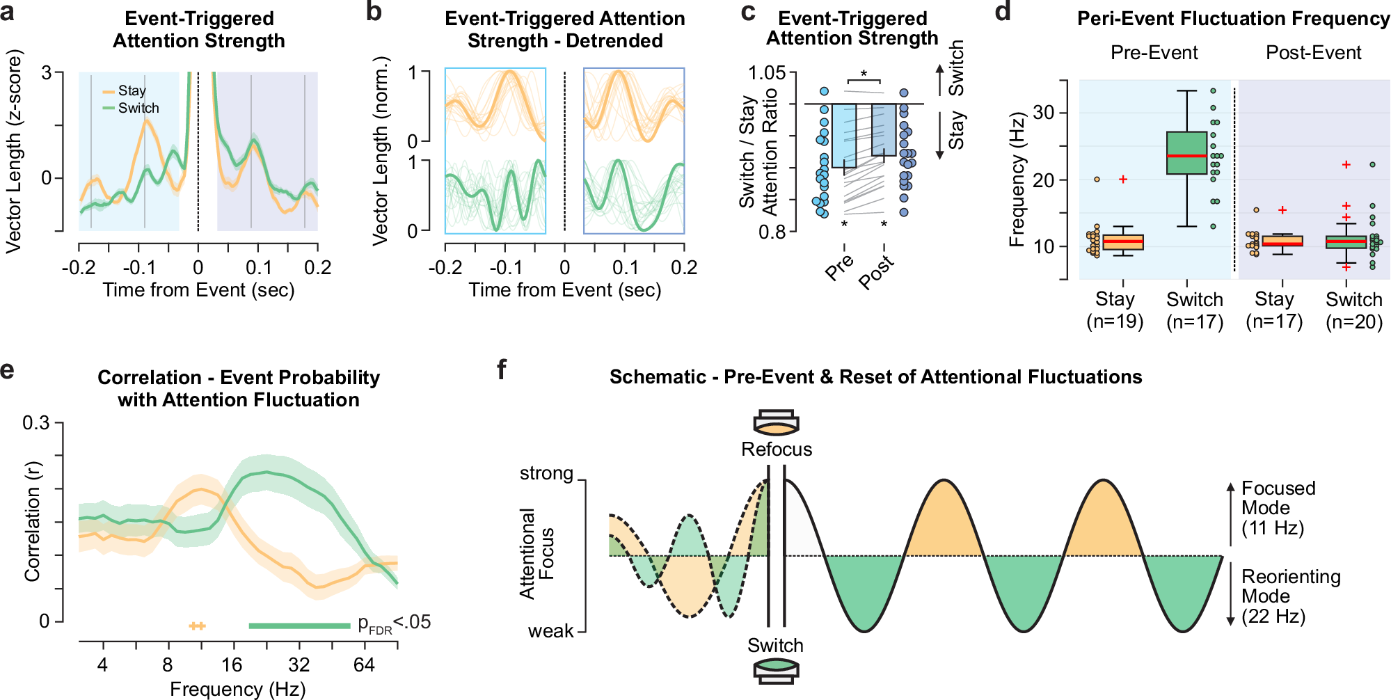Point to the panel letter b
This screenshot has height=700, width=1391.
coord(374,12)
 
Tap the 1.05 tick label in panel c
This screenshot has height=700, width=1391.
coord(766,73)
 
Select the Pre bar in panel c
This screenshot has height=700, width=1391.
coord(844,136)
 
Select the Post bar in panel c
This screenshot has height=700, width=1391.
coord(884,130)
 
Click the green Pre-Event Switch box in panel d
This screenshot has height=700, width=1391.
coord(1186,152)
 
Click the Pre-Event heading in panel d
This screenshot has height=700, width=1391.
coord(1154,53)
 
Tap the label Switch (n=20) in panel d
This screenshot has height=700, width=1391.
coord(1353,310)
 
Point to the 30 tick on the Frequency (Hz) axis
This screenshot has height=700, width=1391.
coord(1044,113)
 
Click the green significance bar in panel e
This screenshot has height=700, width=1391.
coord(299,626)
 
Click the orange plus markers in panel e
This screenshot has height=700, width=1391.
coord(198,626)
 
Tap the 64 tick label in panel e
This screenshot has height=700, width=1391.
coord(364,665)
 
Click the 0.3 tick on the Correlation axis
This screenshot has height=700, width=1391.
coord(36,423)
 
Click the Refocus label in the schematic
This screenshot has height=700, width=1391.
coord(777,450)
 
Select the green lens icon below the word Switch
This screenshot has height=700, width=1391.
coord(776,671)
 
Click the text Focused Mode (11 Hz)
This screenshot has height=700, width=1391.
coord(1278,508)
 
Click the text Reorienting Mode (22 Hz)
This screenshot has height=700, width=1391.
coord(1290,596)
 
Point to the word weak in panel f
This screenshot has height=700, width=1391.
coord(550,631)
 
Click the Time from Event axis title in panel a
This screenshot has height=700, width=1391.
coord(198,290)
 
